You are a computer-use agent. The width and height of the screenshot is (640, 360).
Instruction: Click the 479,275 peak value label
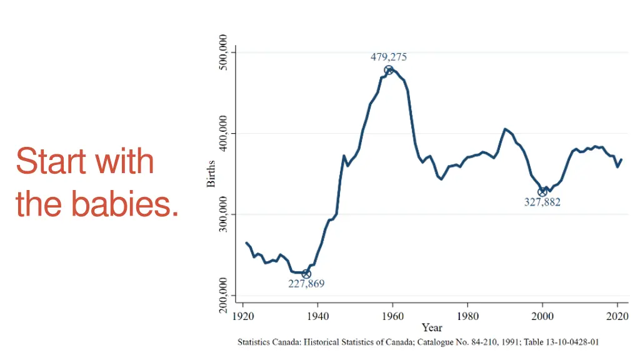point(389,57)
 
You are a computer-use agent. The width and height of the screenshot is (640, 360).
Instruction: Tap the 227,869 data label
point(306,284)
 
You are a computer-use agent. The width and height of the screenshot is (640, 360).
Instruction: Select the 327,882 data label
point(542,202)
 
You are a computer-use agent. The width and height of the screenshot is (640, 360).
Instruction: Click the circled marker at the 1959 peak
point(389,70)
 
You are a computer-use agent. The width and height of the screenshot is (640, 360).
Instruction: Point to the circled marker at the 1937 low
point(306,274)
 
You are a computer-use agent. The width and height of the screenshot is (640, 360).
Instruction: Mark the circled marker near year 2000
point(542,192)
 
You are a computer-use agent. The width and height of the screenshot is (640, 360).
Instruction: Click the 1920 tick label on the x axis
point(243,316)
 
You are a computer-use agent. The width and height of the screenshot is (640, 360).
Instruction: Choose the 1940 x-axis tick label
point(318,316)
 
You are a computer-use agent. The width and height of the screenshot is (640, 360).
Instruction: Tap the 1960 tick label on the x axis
point(393,316)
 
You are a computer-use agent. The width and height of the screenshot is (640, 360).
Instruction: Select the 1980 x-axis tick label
point(468,316)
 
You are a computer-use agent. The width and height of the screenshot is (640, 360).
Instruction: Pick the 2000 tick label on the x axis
point(542,316)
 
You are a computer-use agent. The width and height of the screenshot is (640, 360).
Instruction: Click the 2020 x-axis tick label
point(617,316)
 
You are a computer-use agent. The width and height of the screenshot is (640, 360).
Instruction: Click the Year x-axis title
point(432,327)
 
